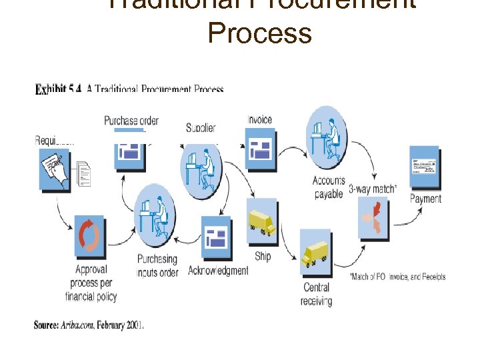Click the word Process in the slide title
(259, 32)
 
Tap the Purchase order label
(131, 121)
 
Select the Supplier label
(201, 127)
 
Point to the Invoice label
(259, 120)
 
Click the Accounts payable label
(329, 187)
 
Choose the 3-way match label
(373, 189)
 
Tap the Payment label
(425, 198)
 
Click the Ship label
(263, 256)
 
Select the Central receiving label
(316, 294)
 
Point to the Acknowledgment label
(218, 270)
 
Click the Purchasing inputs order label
(157, 265)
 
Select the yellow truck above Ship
(261, 222)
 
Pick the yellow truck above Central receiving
(315, 252)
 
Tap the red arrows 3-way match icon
(373, 220)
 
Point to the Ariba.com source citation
(89, 325)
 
